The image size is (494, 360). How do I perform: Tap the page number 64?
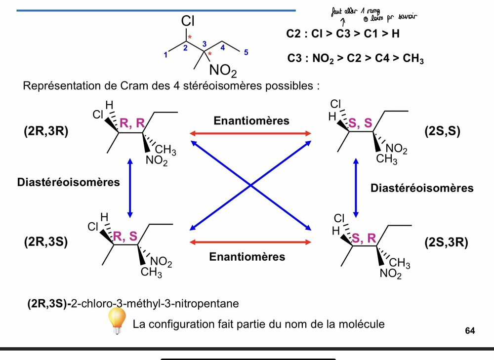470,330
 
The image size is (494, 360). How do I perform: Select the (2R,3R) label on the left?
45,132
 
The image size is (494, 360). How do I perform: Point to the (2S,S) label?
442,132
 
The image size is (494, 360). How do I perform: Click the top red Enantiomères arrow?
250,133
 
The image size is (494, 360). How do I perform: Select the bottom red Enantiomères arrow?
250,242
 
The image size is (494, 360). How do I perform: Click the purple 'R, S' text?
125,236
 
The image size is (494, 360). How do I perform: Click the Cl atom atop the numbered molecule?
188,21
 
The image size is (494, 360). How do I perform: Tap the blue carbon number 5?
247,53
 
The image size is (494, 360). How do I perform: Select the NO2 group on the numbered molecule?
223,71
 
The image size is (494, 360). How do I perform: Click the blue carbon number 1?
165,55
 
